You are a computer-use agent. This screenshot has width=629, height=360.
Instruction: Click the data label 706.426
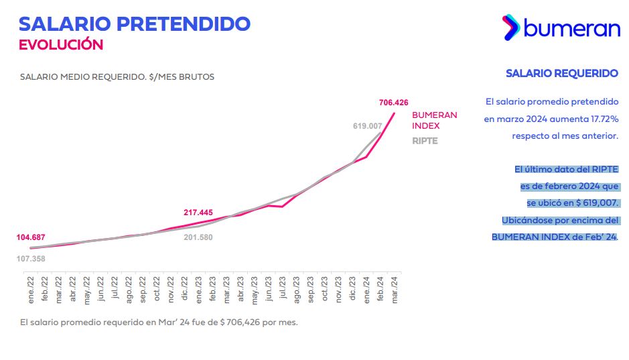(393, 103)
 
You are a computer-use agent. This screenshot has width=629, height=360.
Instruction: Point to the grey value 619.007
(367, 125)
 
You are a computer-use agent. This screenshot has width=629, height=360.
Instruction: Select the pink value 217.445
(198, 213)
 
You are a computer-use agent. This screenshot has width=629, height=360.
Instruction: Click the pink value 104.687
(31, 237)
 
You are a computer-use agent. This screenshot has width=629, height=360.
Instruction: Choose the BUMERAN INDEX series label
(434, 120)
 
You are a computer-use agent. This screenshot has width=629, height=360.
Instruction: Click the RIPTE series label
(425, 141)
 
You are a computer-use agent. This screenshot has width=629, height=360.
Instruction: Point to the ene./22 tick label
(31, 289)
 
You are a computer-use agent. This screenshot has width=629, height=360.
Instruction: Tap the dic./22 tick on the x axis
(185, 289)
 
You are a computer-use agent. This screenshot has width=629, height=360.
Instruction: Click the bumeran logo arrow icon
(510, 27)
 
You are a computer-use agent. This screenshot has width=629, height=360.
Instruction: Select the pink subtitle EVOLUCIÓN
(61, 45)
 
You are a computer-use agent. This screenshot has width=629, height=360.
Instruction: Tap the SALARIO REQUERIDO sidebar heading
(561, 73)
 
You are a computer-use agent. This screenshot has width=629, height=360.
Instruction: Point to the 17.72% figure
(600, 119)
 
